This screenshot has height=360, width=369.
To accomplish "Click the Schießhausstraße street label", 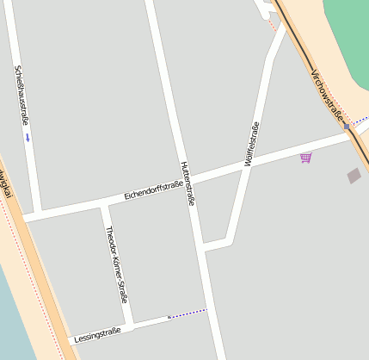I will point(21,96).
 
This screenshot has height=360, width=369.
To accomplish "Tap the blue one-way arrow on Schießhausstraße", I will point(28,137).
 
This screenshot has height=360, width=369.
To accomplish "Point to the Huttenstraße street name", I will point(188,183).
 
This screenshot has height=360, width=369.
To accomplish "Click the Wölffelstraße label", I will point(251,145).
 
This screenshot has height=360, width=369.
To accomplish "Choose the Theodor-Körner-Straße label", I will point(116,264).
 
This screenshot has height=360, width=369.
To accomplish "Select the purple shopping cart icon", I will point(305,158).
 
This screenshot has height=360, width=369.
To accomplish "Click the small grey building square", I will point(354,176).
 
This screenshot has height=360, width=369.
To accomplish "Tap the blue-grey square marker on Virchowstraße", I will point(347,127).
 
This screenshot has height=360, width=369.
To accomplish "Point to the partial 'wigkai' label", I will point(6,183).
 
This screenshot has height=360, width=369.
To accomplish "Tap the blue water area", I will point(13,319).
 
